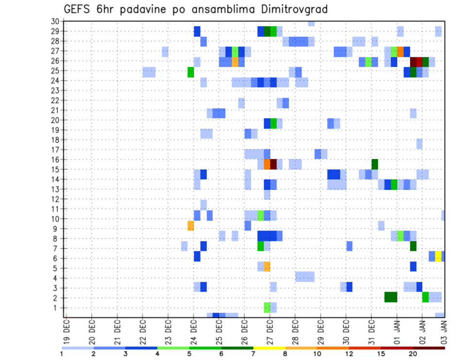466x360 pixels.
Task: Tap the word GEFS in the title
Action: coord(77,9)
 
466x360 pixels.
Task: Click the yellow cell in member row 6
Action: coord(438,256)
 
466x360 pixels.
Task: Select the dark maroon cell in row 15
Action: coord(273,164)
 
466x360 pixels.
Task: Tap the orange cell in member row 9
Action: coord(191,226)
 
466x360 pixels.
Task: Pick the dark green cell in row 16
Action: coord(375,164)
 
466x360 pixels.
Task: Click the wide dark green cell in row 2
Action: coord(391,297)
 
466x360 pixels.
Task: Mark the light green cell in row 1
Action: coord(267,308)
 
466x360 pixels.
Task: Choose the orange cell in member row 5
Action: coord(267,266)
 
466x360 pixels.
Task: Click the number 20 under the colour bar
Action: coord(413,354)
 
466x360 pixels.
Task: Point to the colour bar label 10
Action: coord(317,354)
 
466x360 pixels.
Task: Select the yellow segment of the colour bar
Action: coord(269,348)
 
